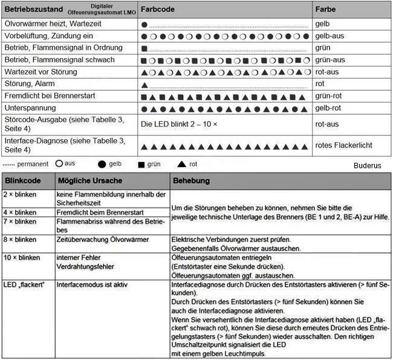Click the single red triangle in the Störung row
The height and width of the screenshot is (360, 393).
pos(144,83)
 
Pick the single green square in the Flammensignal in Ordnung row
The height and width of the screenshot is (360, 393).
pos(144,48)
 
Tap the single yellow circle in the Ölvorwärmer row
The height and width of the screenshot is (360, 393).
pos(144,25)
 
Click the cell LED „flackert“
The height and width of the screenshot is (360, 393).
pos(25,284)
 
